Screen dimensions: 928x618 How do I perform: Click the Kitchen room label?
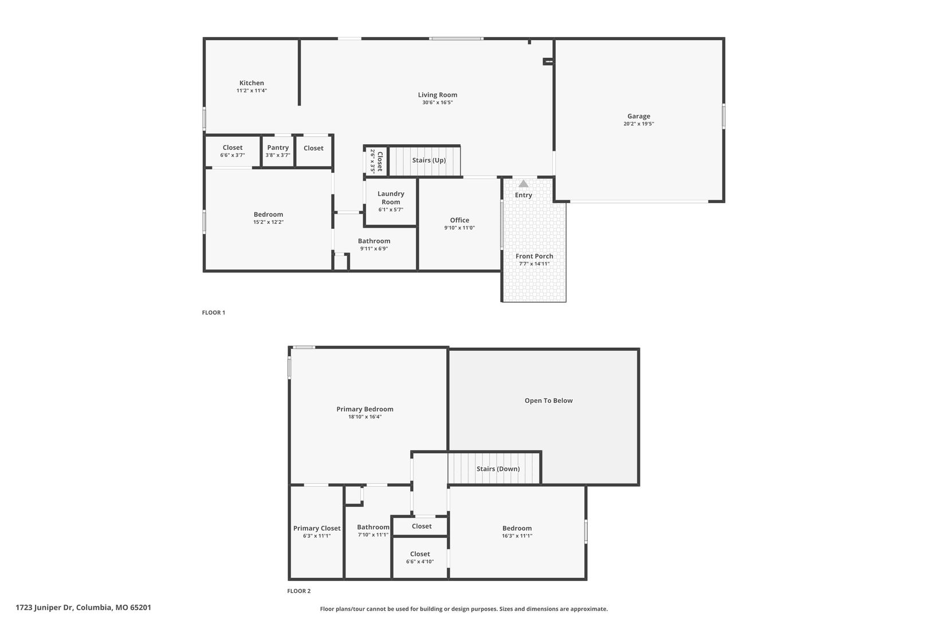(251, 83)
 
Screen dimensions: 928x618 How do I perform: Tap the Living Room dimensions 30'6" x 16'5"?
(438, 102)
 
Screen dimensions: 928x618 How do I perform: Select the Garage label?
(638, 116)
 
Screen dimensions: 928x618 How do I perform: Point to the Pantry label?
(278, 148)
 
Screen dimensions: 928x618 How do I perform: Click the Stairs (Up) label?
(429, 160)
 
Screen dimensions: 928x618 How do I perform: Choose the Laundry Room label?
(391, 197)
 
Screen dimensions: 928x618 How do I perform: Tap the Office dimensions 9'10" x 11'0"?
(459, 228)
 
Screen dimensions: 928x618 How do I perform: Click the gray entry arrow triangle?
(523, 184)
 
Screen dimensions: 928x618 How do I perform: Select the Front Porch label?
(534, 256)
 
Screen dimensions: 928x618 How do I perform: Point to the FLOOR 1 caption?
(213, 312)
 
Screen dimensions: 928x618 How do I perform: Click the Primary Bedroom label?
(364, 409)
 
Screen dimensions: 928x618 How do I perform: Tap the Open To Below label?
(549, 401)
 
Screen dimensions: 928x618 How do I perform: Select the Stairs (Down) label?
(498, 469)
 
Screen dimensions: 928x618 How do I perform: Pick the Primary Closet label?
(317, 528)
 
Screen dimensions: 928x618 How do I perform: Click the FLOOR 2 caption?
(298, 591)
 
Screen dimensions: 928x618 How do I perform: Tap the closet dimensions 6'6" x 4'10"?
(420, 562)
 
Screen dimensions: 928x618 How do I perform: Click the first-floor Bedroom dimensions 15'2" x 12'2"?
(269, 222)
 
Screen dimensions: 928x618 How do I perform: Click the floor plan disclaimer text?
(463, 609)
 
